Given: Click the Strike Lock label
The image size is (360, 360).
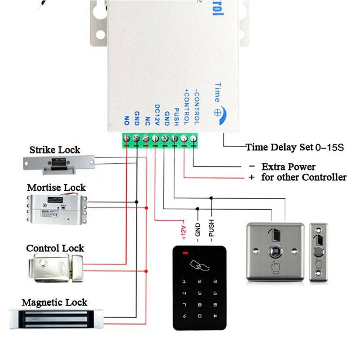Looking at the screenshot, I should pos(55,150).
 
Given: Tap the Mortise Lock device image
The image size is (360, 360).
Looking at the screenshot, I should pos(57,208).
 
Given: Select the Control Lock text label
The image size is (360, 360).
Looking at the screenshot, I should pos(55,248).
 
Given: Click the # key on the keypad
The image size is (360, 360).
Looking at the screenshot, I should pos(215,316).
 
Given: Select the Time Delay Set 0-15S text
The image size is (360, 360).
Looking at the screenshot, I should pos(294,147).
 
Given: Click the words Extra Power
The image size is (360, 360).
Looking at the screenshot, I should pos(288,167).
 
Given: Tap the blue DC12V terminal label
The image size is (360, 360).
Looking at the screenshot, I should pos(157,114).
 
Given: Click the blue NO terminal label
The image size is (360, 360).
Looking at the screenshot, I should pos(126,120).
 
